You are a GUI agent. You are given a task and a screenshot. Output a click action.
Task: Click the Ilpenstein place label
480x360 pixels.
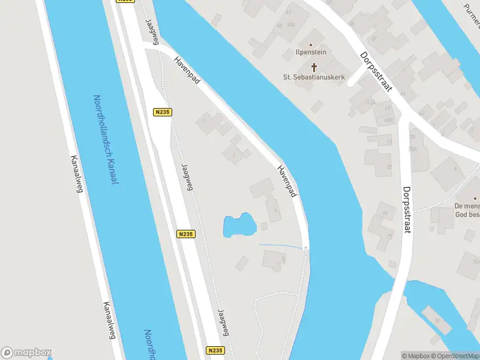point(310,52)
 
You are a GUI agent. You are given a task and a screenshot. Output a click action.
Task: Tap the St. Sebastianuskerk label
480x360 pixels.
point(313,77)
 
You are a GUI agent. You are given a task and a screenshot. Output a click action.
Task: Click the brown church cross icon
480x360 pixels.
point(313,67)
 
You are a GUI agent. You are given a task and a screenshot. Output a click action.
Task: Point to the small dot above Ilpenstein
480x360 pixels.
point(310,45)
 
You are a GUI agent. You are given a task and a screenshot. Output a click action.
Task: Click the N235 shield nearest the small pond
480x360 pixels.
point(186,235)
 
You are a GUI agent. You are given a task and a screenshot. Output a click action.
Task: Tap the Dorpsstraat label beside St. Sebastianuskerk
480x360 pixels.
point(376,72)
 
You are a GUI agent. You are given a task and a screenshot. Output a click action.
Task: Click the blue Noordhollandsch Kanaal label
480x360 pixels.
point(106,140)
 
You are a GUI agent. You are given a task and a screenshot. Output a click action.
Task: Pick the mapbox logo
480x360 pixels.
point(26,352)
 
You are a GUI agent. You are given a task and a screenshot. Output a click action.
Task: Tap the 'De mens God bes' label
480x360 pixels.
point(467,209)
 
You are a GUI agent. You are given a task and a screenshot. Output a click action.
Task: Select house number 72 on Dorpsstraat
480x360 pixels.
point(389,167)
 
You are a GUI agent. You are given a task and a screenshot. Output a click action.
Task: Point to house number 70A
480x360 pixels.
point(412,149)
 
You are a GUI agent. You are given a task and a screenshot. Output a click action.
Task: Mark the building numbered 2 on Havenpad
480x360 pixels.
point(233,155)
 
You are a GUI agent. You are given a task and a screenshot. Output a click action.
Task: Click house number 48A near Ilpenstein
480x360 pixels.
point(291,25)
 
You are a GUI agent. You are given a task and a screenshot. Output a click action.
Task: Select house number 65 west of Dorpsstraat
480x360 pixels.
point(388,108)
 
